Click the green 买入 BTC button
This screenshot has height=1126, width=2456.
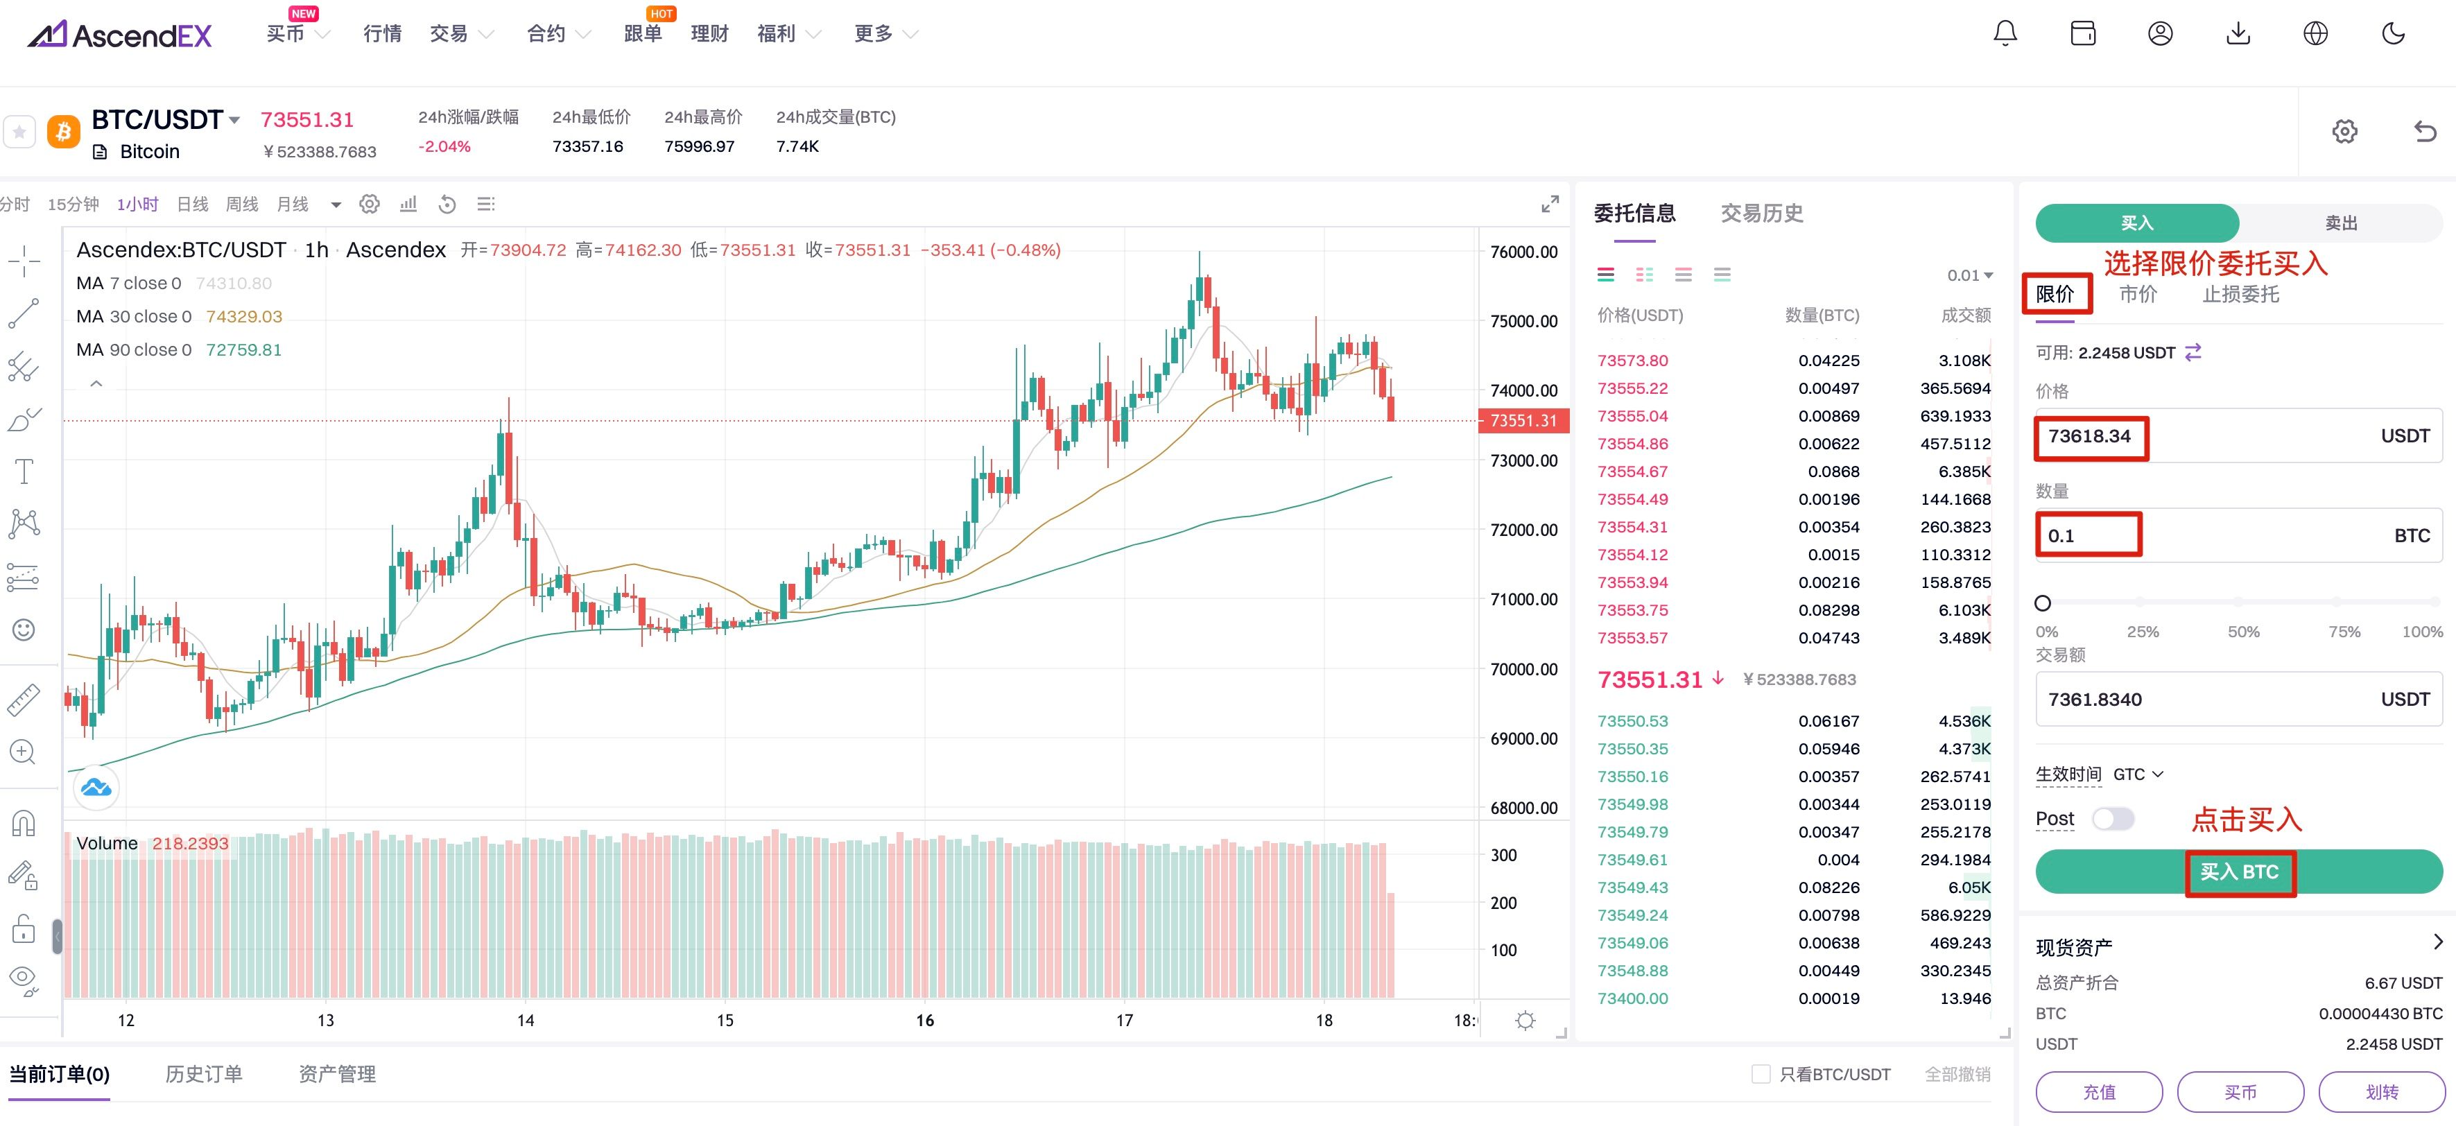[x=2238, y=872]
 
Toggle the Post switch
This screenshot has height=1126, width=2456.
[x=2112, y=819]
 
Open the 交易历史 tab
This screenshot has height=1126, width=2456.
[x=1761, y=214]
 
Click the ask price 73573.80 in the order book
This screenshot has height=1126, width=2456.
[x=1632, y=361]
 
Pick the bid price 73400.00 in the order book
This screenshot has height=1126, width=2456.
[x=1632, y=998]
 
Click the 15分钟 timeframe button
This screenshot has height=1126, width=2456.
[x=73, y=204]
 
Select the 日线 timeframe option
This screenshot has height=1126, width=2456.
[x=193, y=204]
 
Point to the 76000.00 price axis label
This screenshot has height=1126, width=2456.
[x=1523, y=252]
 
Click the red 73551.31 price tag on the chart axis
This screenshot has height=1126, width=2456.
[x=1523, y=420]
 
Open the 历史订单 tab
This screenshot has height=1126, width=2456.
[x=203, y=1075]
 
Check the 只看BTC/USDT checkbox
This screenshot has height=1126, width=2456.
[x=1760, y=1075]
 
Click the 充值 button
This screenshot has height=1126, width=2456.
[x=2098, y=1091]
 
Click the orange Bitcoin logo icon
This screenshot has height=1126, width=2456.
[x=64, y=132]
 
